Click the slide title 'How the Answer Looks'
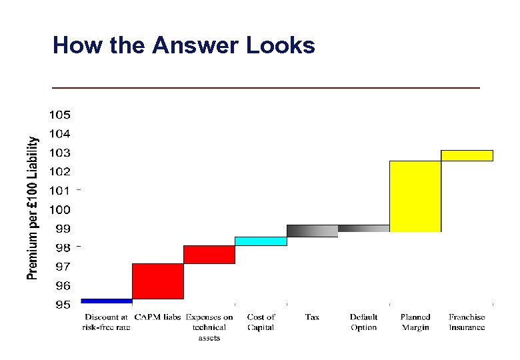point(183,45)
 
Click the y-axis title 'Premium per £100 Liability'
point(32,208)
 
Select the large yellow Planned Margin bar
point(415,196)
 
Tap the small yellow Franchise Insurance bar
point(467,155)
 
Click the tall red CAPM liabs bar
point(158,281)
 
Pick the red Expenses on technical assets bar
point(209,255)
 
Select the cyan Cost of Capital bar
point(261,241)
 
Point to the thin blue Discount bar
point(107,301)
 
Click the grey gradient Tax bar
point(312,231)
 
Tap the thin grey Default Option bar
point(363,228)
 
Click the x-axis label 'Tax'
point(312,317)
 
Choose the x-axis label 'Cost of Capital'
point(261,322)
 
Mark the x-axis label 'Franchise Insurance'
point(467,322)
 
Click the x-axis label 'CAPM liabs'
point(158,317)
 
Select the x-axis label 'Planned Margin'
point(415,322)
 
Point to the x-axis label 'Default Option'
point(363,322)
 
